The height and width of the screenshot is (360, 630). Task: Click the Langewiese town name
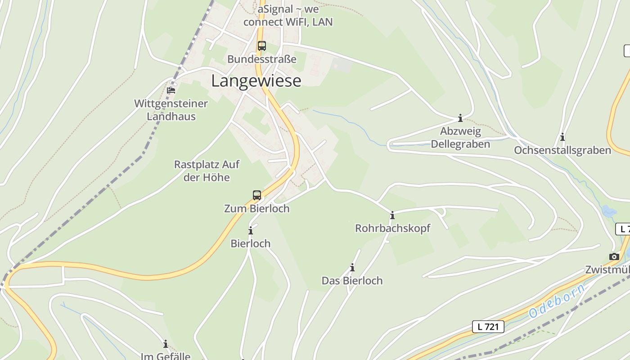point(256,81)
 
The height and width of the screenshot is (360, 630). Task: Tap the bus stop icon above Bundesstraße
point(261,46)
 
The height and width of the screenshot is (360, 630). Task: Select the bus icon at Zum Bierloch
point(257,195)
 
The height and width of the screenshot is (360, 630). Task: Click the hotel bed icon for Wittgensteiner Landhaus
point(171,90)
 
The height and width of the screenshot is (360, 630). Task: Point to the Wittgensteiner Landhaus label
point(171,110)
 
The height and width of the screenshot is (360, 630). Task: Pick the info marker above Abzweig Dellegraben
point(460,118)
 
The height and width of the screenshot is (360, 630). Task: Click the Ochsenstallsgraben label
point(562,150)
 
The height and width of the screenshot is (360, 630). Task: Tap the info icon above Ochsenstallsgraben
point(562,137)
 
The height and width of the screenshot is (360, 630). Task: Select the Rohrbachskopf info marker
point(392,216)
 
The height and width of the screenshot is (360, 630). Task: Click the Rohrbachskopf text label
point(392,228)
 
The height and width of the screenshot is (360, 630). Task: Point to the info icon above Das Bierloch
point(352,268)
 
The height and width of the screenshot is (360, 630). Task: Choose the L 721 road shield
point(488,327)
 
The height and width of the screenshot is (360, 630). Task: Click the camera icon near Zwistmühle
point(614,256)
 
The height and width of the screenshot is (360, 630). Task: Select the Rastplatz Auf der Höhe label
point(207,171)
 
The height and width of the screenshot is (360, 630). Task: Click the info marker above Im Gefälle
point(166,344)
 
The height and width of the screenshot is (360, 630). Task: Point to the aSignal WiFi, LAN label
point(288,15)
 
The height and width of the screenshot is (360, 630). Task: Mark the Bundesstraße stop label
point(261,59)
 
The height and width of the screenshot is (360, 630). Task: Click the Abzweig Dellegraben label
point(460,138)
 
